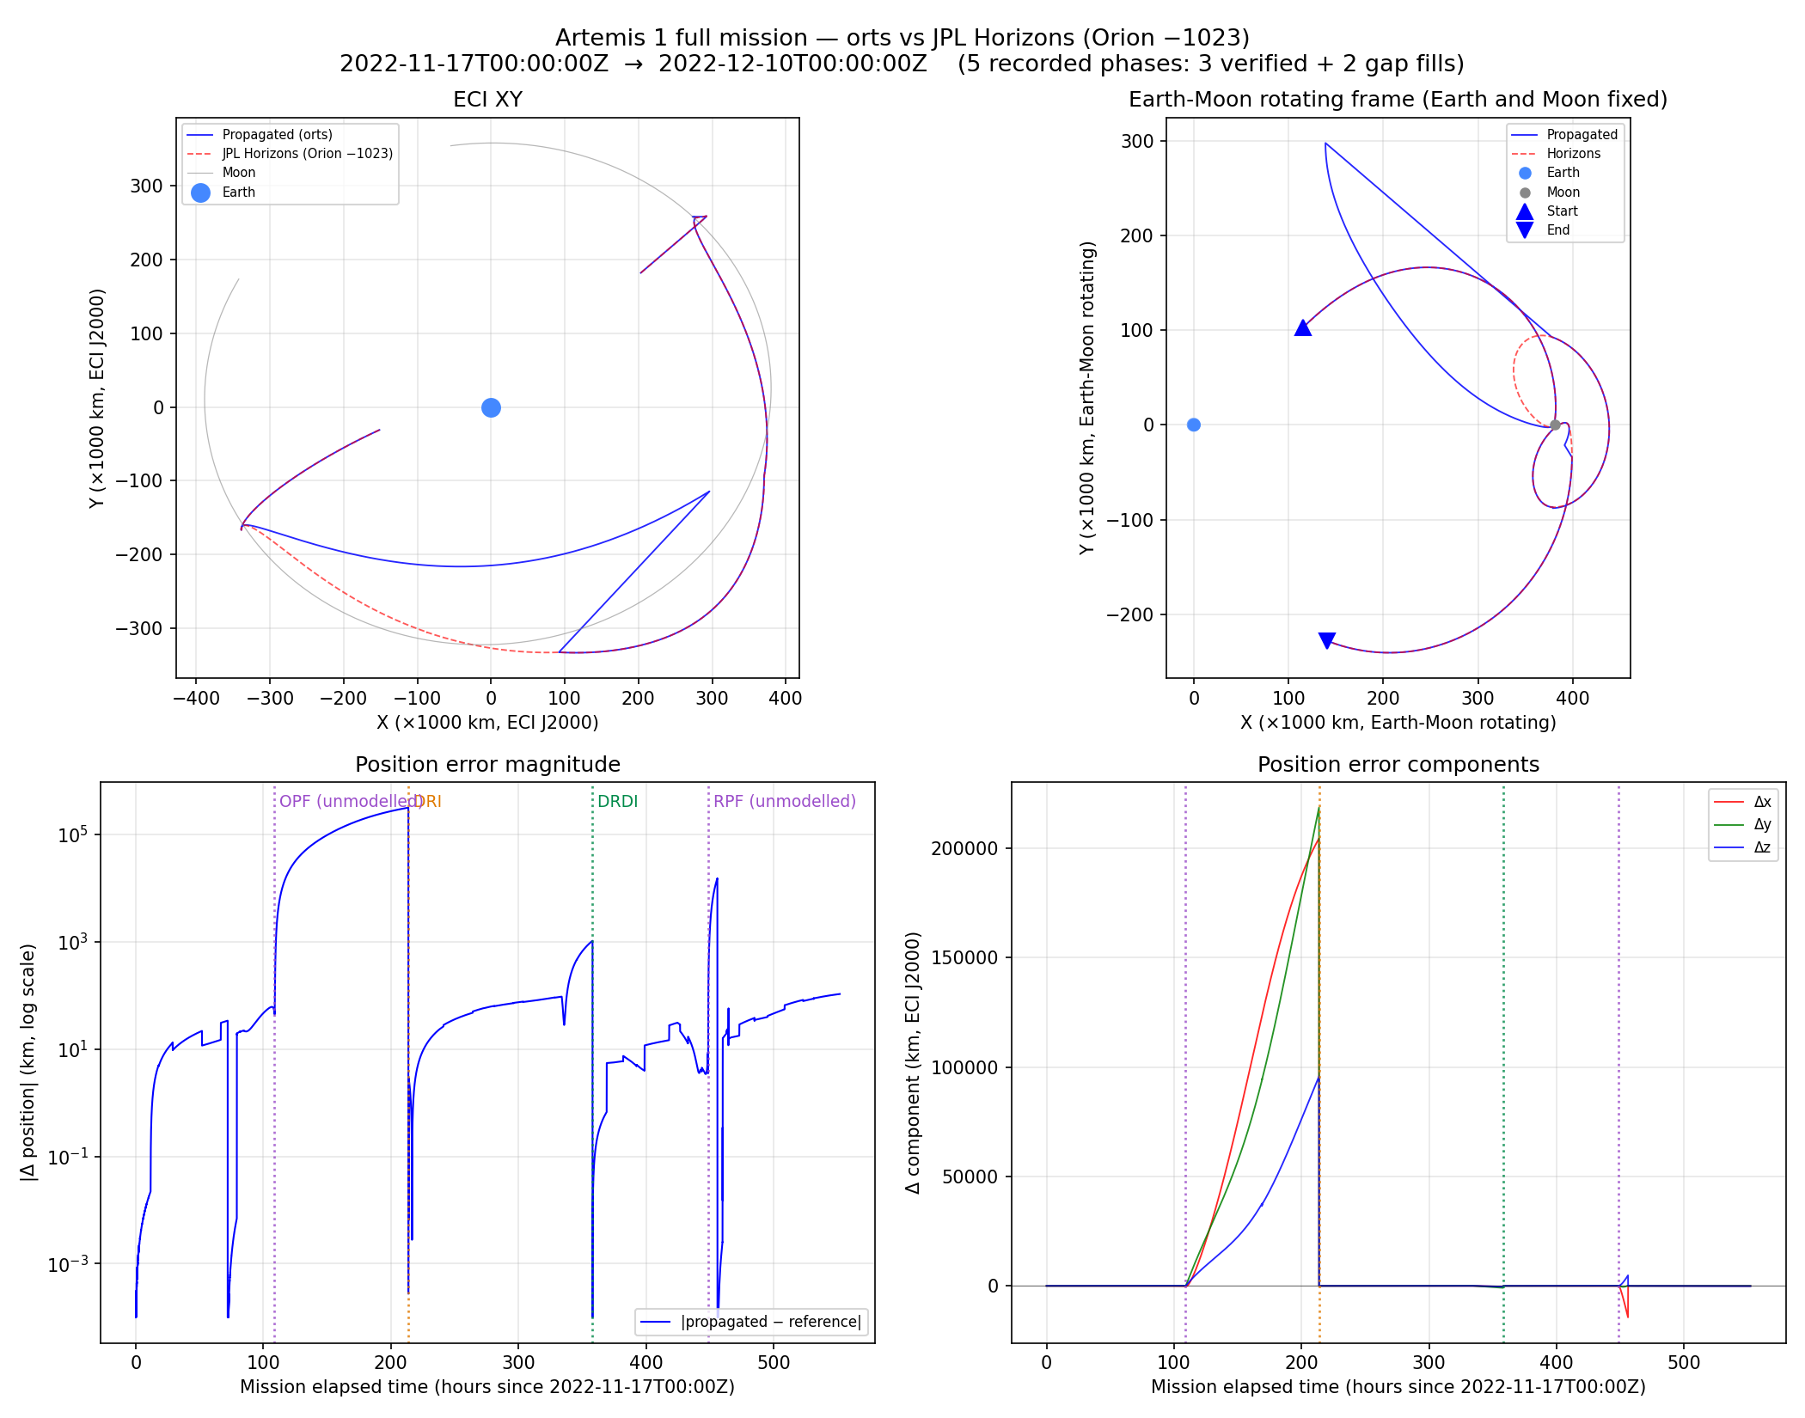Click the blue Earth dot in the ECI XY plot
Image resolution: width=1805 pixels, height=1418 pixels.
pos(491,407)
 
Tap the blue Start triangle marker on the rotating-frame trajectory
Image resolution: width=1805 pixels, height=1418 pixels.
pos(1303,327)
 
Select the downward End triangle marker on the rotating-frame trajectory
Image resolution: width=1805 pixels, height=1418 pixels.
pos(1327,640)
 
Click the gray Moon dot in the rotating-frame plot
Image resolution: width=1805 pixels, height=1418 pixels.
pos(1555,425)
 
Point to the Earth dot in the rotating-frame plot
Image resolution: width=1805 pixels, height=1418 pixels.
pos(1193,425)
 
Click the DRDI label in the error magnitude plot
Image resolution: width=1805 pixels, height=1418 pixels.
pos(617,801)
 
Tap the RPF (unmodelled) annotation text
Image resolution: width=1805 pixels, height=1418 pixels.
pos(784,801)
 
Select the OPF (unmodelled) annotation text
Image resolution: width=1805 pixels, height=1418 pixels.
pos(348,801)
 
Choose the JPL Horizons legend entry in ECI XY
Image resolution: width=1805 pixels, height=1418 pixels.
pos(307,153)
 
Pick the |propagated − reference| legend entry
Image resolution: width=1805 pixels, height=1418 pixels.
pos(770,1322)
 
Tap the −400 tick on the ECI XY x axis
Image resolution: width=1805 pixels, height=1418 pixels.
pos(196,698)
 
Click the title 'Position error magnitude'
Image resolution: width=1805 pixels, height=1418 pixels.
pos(487,764)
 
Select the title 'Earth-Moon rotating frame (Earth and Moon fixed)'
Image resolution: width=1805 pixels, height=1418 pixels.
pos(1398,99)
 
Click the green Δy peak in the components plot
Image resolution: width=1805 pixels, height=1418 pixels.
pos(1319,807)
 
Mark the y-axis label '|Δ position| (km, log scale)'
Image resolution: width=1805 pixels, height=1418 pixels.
pos(28,1062)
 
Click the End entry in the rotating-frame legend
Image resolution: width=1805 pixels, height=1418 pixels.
pos(1557,229)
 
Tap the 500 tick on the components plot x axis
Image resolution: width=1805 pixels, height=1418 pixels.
pos(1683,1362)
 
